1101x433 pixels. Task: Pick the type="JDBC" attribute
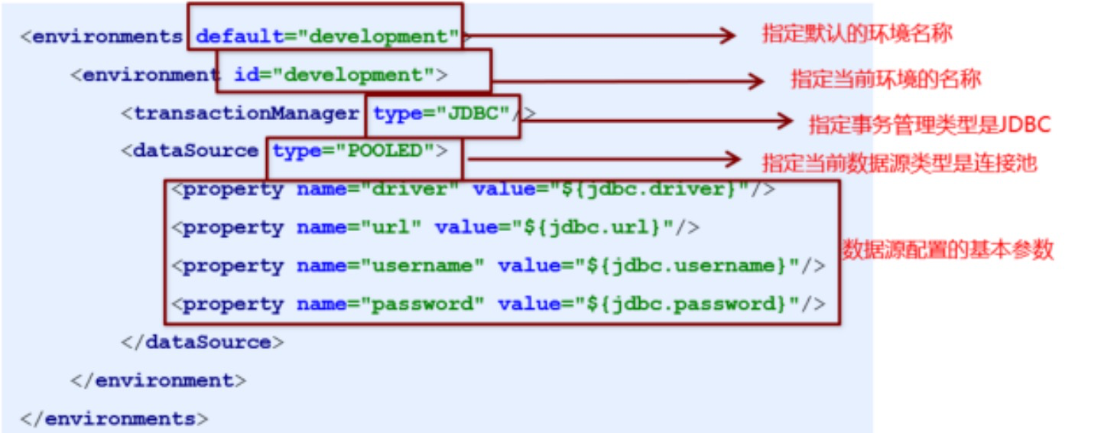[441, 113]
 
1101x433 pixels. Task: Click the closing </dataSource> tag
[202, 342]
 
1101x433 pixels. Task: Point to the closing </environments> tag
[114, 418]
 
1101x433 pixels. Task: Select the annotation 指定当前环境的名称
[885, 80]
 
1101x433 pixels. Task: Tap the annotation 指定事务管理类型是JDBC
[929, 124]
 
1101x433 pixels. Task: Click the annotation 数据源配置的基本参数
[948, 249]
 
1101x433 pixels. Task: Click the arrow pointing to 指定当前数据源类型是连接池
[604, 159]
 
